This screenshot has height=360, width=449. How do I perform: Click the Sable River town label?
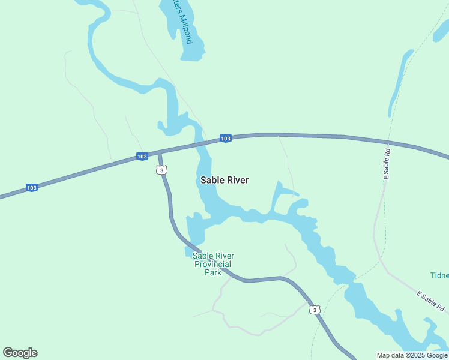pos(224,180)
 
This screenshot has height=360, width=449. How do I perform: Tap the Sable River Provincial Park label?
pos(213,264)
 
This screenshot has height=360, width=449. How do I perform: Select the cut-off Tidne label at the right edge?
pos(439,275)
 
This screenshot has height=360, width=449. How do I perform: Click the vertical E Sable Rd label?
pos(387,164)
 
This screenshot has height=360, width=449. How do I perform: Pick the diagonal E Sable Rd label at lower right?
pos(430,302)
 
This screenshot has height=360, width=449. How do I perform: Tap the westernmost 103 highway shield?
pos(32,188)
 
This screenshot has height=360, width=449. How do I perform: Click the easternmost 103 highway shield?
pos(225,139)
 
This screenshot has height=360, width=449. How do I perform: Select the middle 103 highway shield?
pos(142,157)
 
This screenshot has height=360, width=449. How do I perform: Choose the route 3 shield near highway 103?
pos(161,170)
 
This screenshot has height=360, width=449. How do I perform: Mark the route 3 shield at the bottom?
pos(315,310)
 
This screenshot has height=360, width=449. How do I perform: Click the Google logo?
pos(20,353)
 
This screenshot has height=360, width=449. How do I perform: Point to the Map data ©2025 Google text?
pos(412,355)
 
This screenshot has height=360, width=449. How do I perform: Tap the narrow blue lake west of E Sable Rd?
pos(399,81)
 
